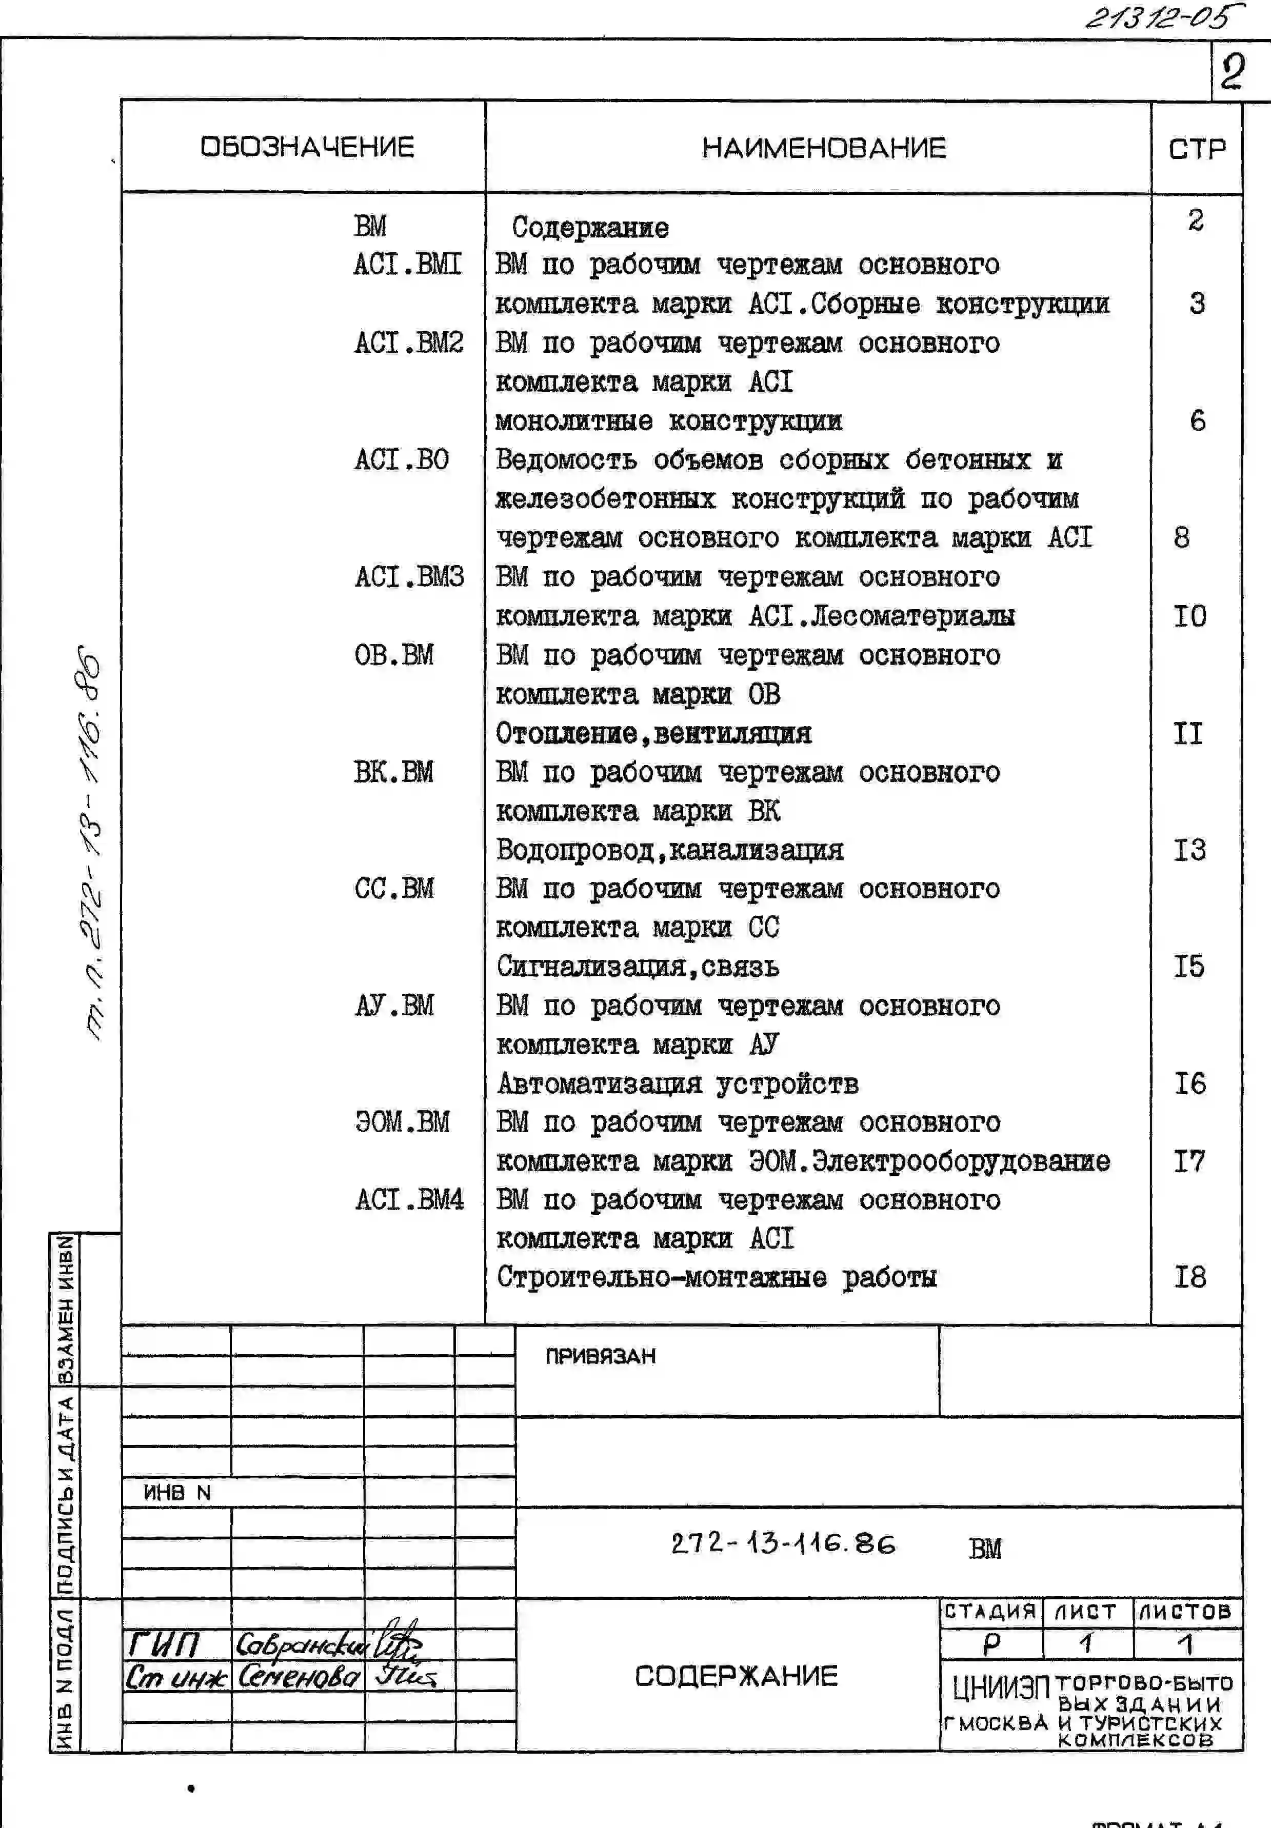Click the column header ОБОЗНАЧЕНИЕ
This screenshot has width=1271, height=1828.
coord(307,147)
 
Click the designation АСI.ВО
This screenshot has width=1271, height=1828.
coord(402,459)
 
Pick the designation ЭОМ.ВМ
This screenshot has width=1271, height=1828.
coord(402,1122)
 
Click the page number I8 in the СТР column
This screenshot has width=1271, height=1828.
coord(1190,1277)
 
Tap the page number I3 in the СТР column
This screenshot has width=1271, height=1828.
coord(1190,850)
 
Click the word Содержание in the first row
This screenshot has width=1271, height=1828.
coord(590,228)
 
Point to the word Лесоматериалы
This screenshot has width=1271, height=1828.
coord(912,615)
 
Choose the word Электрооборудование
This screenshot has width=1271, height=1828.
coord(960,1161)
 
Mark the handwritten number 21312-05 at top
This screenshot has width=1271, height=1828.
coord(1163,17)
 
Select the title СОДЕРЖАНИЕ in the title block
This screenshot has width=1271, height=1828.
coord(736,1676)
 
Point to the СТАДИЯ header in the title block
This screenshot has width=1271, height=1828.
coord(990,1612)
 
